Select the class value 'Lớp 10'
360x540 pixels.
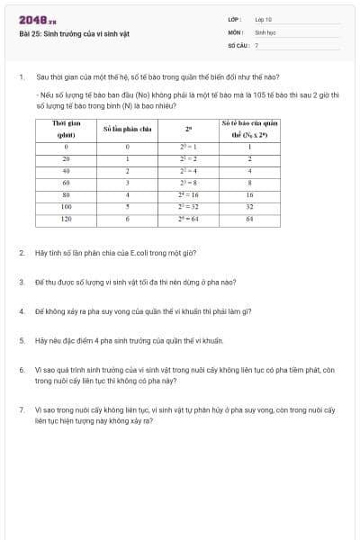263,19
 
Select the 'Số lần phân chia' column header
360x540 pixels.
127,128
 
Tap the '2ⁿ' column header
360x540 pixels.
186,128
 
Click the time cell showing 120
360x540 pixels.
67,218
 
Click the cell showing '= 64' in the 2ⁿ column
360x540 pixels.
186,218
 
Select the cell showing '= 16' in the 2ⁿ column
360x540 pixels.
186,193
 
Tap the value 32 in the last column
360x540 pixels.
249,206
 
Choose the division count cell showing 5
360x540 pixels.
127,206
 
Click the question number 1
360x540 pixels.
21,77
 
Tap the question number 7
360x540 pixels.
21,409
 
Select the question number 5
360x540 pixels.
21,341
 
